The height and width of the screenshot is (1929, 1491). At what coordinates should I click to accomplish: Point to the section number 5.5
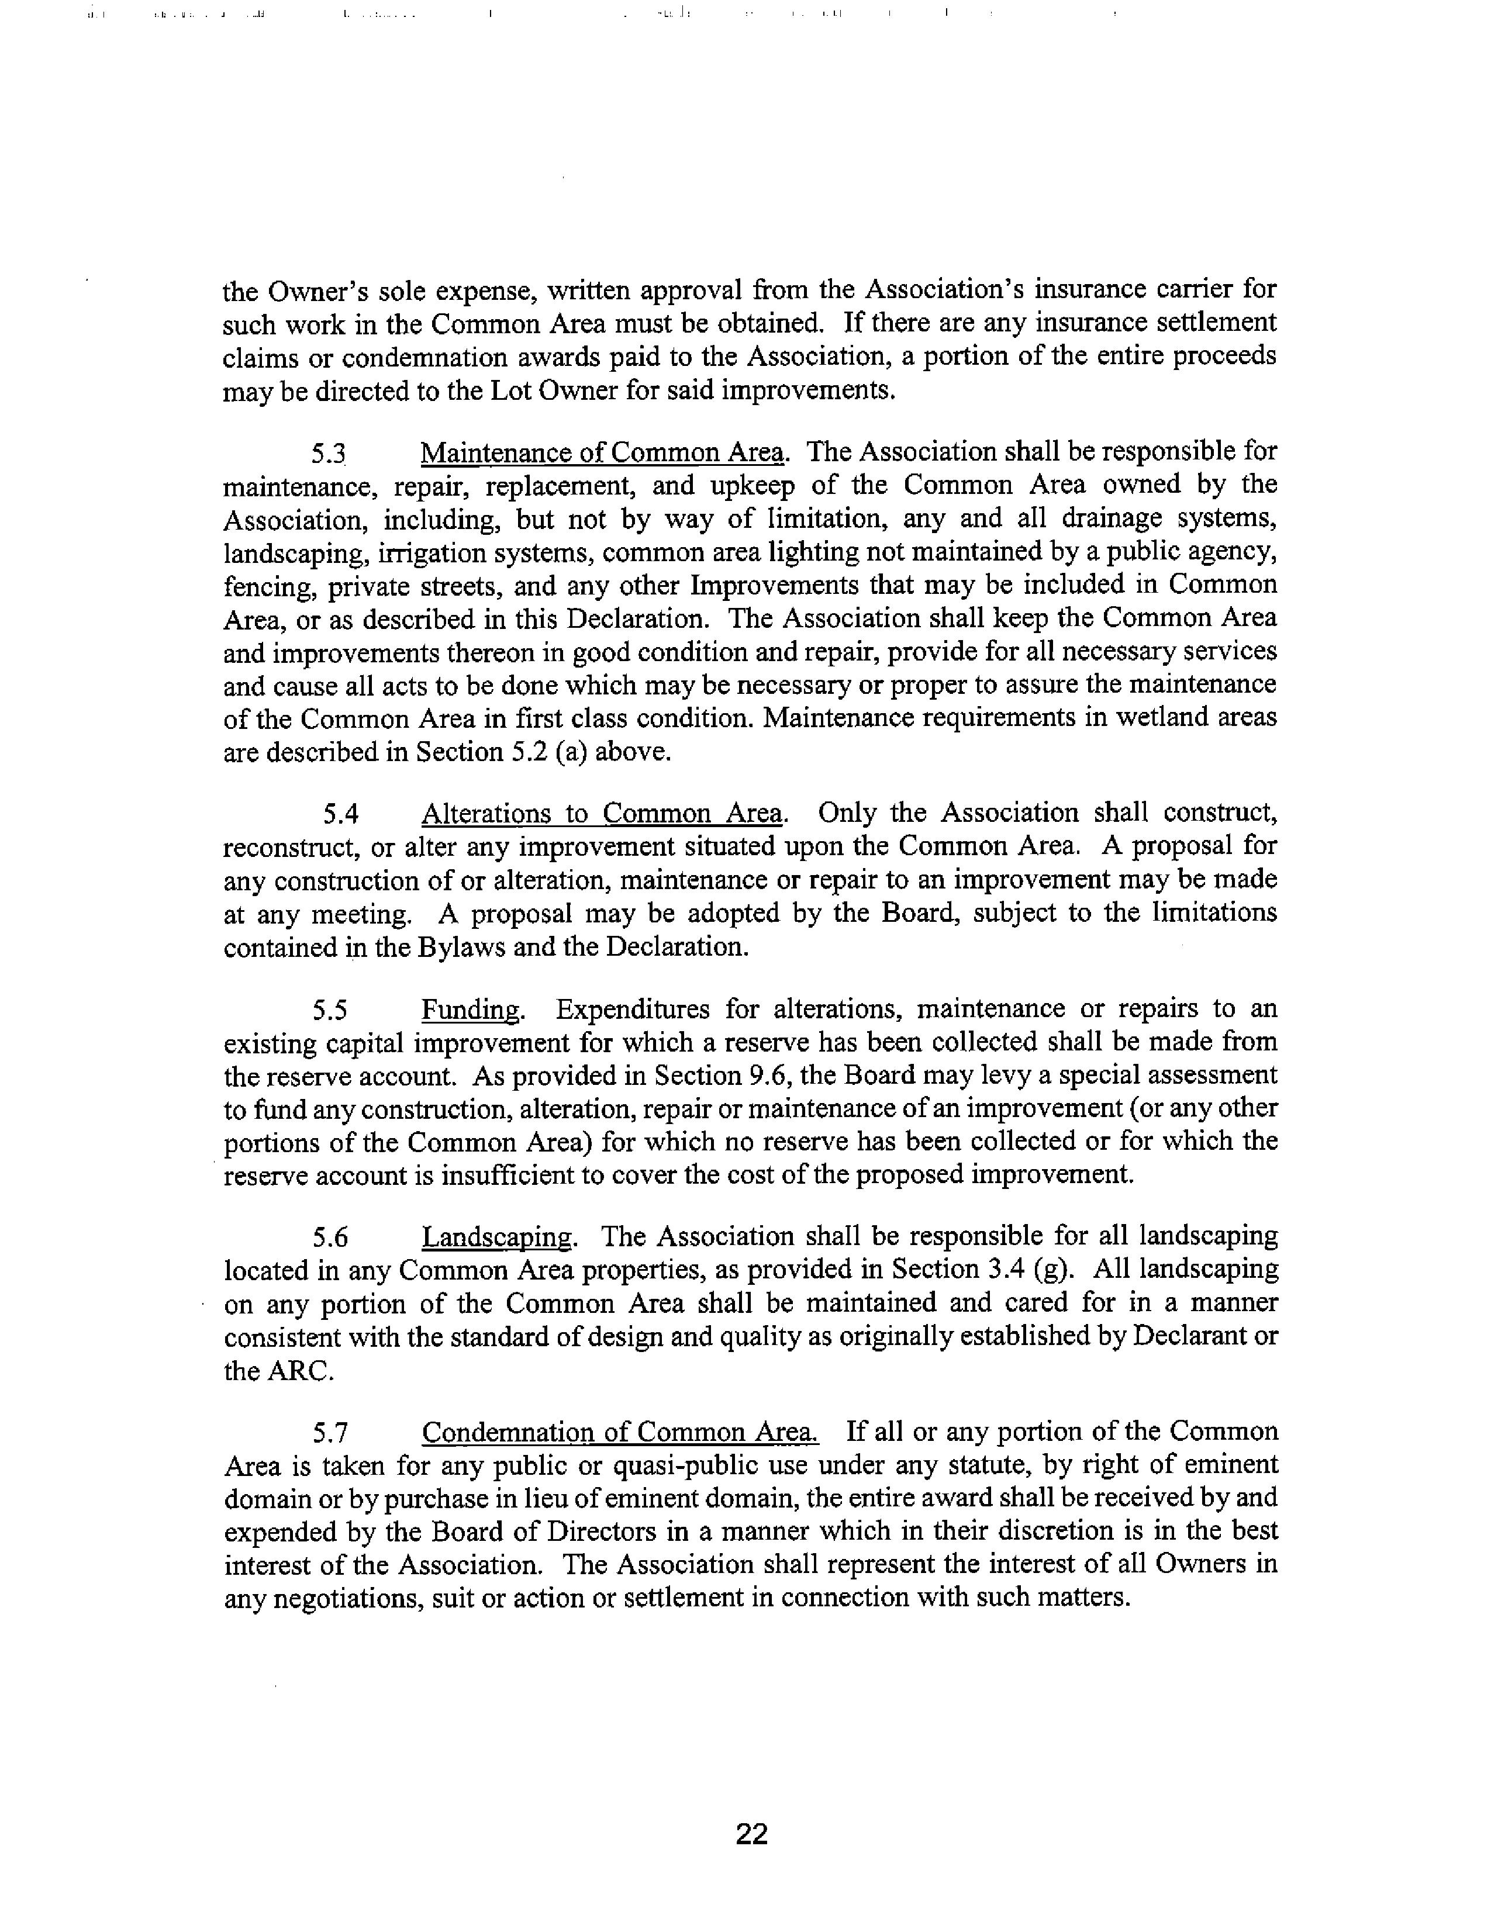pyautogui.click(x=329, y=1010)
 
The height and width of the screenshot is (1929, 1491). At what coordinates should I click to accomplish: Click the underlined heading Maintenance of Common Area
pyautogui.click(x=602, y=453)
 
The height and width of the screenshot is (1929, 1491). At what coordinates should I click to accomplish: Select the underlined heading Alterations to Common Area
pyautogui.click(x=602, y=813)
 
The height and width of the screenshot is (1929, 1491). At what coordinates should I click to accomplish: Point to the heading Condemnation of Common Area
pyautogui.click(x=619, y=1432)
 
